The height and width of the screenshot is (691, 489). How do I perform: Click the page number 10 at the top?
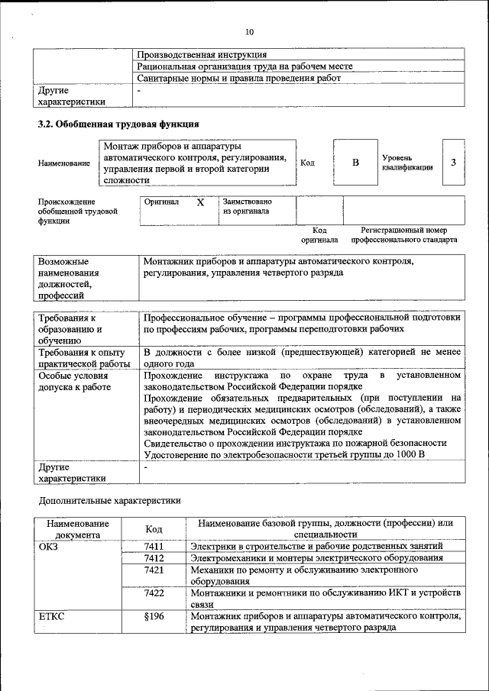coord(249,32)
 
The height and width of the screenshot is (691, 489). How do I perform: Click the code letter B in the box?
coord(355,163)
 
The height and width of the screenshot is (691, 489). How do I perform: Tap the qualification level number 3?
coord(453,163)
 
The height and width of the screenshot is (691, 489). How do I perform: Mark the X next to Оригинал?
coord(200,203)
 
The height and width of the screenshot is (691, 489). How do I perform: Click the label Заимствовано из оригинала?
coord(247,206)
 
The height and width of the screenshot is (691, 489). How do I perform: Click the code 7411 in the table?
coord(154,547)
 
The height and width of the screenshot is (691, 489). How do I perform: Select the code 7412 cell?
coord(154,558)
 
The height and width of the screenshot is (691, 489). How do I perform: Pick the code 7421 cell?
coord(154,570)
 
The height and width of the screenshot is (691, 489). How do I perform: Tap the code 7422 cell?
coord(154,593)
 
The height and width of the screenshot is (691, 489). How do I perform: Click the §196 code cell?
coord(154,616)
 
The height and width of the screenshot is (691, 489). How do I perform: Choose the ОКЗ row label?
coord(48,547)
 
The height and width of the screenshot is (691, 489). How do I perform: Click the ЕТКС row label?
coord(51,616)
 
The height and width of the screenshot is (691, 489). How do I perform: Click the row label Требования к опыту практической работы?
coord(85,358)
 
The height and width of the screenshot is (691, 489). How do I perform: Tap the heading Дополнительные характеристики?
coord(110,501)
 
